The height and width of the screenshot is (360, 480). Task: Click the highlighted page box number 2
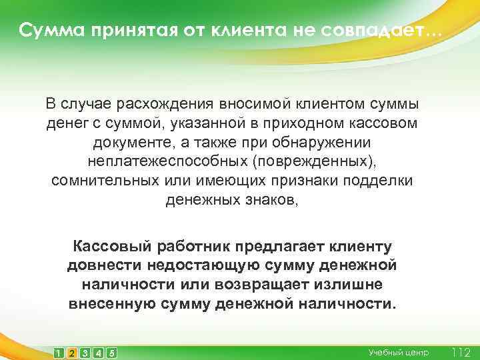click(x=72, y=352)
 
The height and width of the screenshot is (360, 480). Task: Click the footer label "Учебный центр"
click(x=399, y=352)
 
